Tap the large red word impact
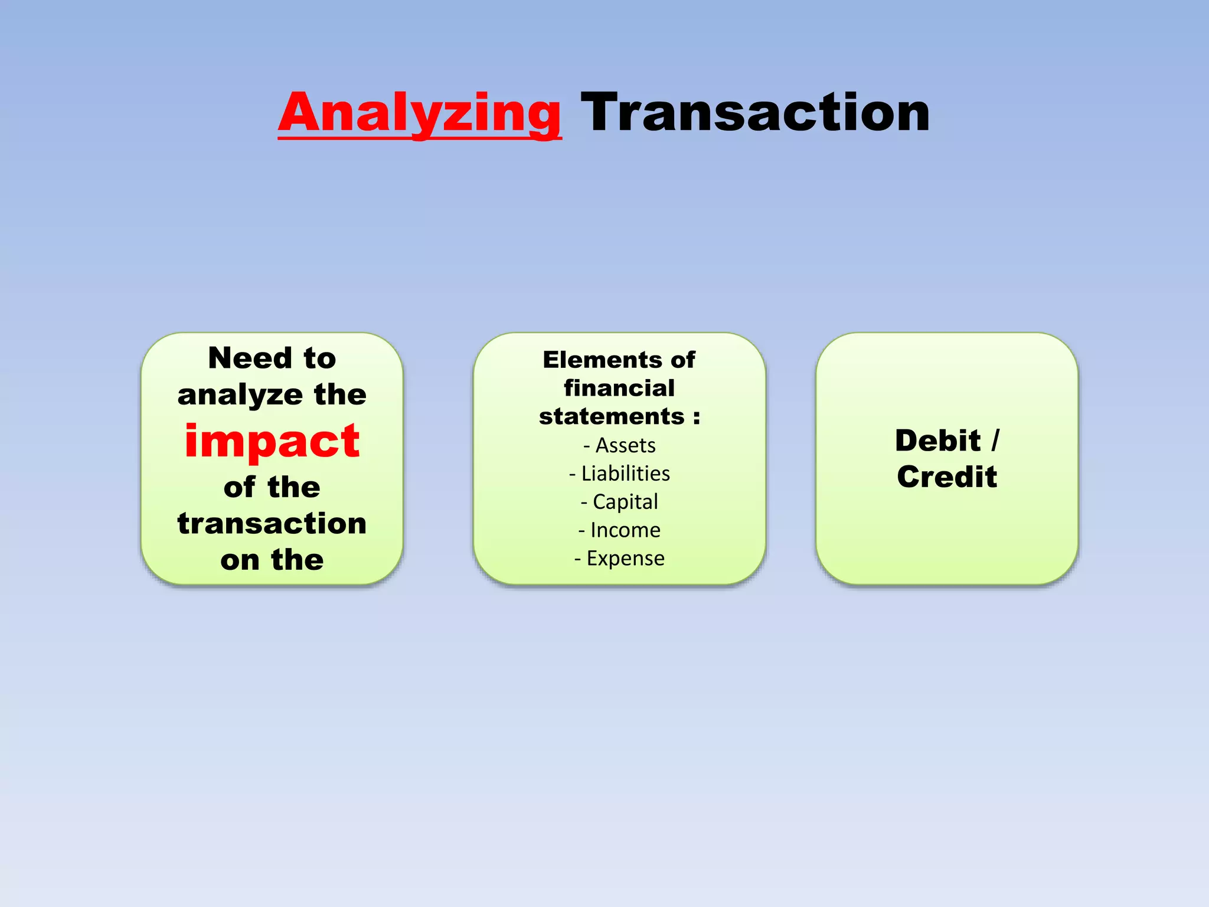point(272,441)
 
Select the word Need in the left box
point(250,358)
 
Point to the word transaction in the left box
point(272,523)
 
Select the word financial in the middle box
point(619,388)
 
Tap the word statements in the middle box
point(612,416)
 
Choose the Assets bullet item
point(625,445)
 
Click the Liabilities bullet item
point(625,474)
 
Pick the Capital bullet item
point(625,502)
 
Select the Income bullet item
point(625,530)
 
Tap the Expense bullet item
point(625,558)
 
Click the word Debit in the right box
point(937,441)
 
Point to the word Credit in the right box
point(947,477)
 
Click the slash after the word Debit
point(995,441)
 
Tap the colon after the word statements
point(697,417)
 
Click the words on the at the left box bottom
point(272,560)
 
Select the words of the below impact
point(272,488)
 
